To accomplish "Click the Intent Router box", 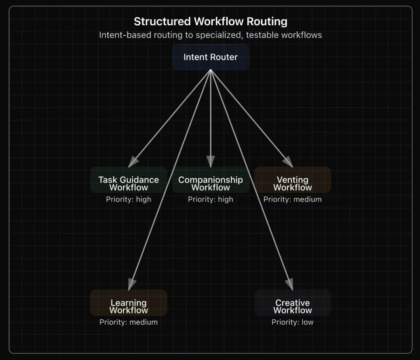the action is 211,57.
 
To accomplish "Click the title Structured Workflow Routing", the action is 210,22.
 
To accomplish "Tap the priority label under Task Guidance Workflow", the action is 129,199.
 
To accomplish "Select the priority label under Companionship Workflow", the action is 210,199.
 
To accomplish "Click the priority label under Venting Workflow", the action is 292,199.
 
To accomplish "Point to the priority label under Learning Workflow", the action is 129,322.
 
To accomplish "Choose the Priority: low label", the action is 292,322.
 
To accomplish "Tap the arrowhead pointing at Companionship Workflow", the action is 211,161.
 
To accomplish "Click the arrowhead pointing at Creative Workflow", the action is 290,285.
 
